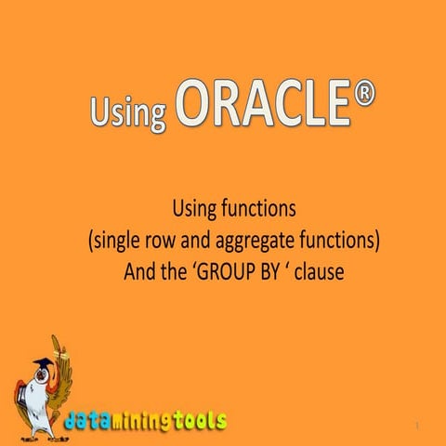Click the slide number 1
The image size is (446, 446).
(419, 426)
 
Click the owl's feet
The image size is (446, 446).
(42, 433)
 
